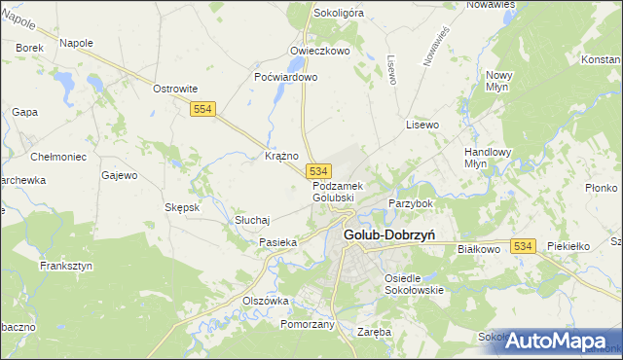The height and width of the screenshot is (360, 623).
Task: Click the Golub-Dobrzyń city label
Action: click(388, 234)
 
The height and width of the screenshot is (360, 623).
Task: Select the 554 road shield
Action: click(202, 111)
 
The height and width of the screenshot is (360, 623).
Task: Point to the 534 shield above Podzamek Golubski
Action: click(318, 171)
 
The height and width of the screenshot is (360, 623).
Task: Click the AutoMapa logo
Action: click(562, 341)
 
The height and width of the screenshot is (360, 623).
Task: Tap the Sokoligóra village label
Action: click(338, 14)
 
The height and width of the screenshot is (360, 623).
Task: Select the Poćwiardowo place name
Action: click(285, 77)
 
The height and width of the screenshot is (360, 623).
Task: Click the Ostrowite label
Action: click(175, 89)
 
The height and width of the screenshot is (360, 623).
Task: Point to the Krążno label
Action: click(281, 156)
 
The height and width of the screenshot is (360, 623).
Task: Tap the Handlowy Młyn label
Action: click(460, 158)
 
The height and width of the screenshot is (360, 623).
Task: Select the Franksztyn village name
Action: click(65, 265)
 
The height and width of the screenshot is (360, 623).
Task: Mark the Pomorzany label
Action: click(308, 324)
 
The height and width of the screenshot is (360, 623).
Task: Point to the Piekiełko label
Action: click(569, 247)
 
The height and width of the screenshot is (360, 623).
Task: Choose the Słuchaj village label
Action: click(252, 221)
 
